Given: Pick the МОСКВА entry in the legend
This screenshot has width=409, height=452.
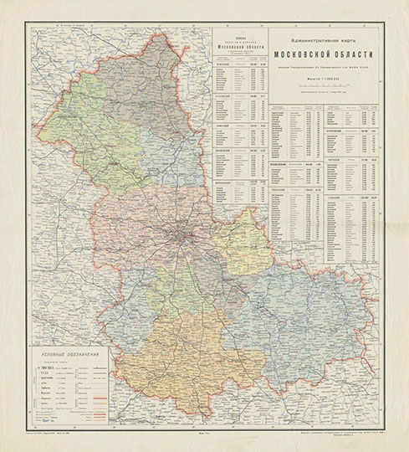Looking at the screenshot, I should tap(52, 366).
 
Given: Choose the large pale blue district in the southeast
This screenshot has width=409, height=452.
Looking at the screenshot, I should tap(301, 318).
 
